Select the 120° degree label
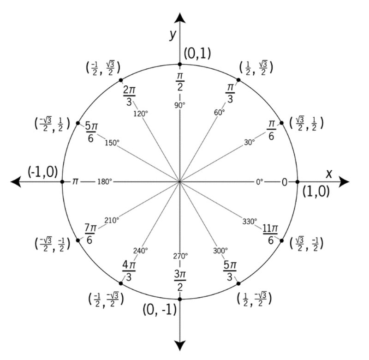tap(141, 114)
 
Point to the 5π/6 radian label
tap(91, 132)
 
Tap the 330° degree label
tap(250, 222)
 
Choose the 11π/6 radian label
tap(270, 234)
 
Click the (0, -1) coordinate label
tap(160, 309)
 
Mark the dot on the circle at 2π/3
tap(121, 80)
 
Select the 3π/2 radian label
tap(180, 281)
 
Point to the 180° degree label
tap(105, 182)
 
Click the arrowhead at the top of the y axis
tap(180, 18)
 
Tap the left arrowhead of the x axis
tap(16, 182)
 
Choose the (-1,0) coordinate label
tap(42, 172)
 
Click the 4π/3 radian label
tap(129, 271)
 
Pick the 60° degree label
tap(220, 112)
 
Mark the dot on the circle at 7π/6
tap(78, 240)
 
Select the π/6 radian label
tap(271, 130)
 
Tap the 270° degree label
tap(180, 256)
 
